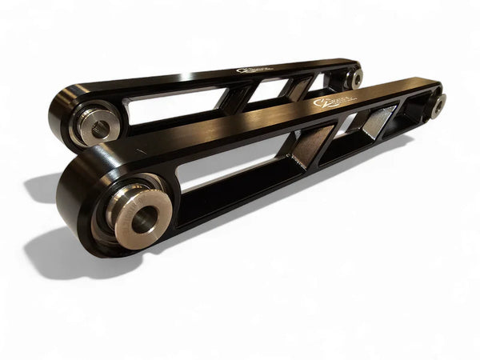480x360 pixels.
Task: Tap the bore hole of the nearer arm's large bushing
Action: (x=145, y=218)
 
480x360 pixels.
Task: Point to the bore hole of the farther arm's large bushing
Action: (x=100, y=128)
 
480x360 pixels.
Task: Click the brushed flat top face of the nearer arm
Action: (x=240, y=128)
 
